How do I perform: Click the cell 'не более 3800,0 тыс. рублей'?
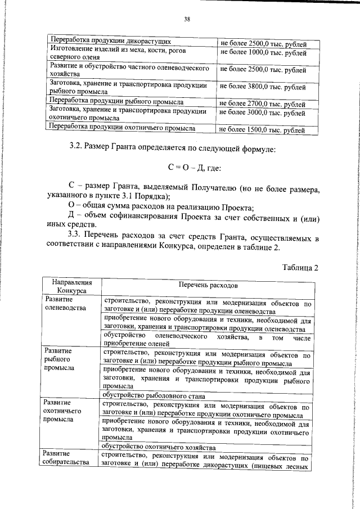pyautogui.click(x=263, y=87)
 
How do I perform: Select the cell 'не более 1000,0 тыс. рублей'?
pyautogui.click(x=263, y=53)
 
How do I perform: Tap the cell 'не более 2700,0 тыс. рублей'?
pyautogui.click(x=263, y=104)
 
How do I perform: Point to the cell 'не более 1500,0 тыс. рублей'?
pyautogui.click(x=263, y=130)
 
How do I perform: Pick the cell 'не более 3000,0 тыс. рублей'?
pyautogui.click(x=263, y=113)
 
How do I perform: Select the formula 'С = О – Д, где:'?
pyautogui.click(x=195, y=168)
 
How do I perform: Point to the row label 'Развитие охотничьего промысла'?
pyautogui.click(x=62, y=411)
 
